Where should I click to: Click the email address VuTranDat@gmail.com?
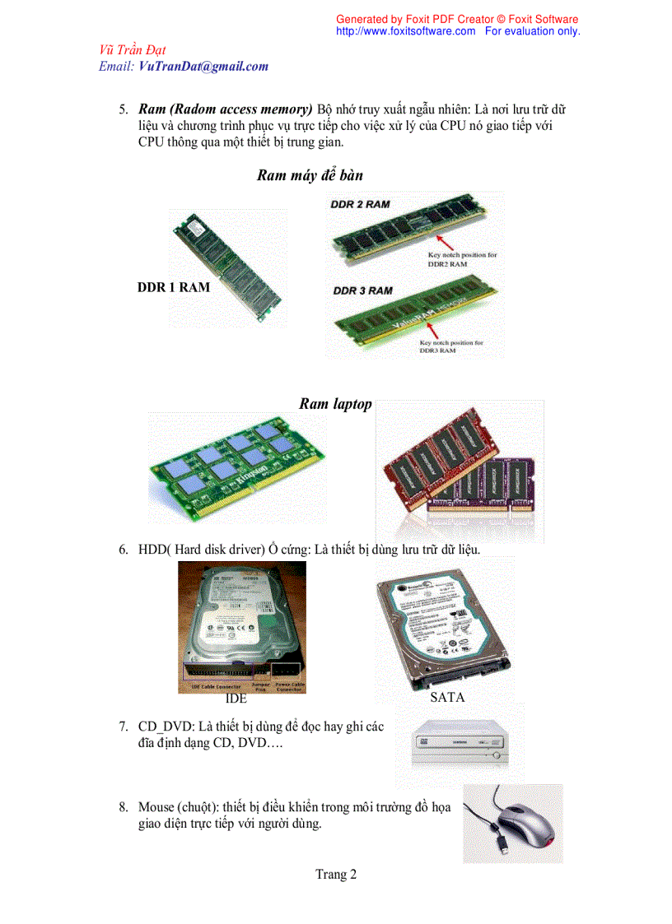(203, 67)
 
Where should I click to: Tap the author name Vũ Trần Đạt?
(132, 51)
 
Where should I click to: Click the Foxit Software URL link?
(405, 31)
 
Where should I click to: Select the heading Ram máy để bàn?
(310, 175)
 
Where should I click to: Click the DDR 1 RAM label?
(174, 287)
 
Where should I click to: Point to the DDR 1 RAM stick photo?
(229, 267)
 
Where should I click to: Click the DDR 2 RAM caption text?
(360, 203)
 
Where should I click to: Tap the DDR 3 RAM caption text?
(362, 290)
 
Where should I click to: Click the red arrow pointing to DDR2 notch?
(446, 241)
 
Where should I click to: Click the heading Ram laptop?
(335, 404)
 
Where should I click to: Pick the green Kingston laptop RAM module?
(236, 467)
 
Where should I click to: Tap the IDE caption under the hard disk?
(236, 699)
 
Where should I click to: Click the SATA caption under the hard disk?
(447, 697)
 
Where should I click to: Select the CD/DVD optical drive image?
(459, 745)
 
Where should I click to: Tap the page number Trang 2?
(336, 875)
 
